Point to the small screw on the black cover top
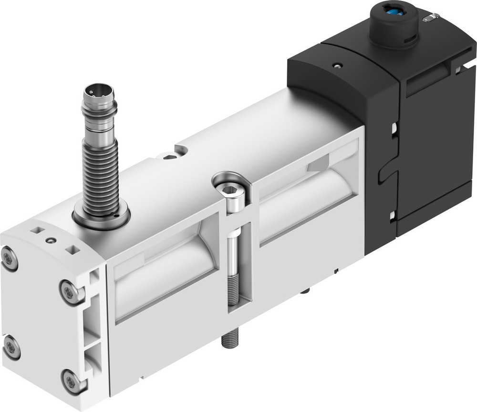point(338,65)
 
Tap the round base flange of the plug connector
point(101,217)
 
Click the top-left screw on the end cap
point(9,258)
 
